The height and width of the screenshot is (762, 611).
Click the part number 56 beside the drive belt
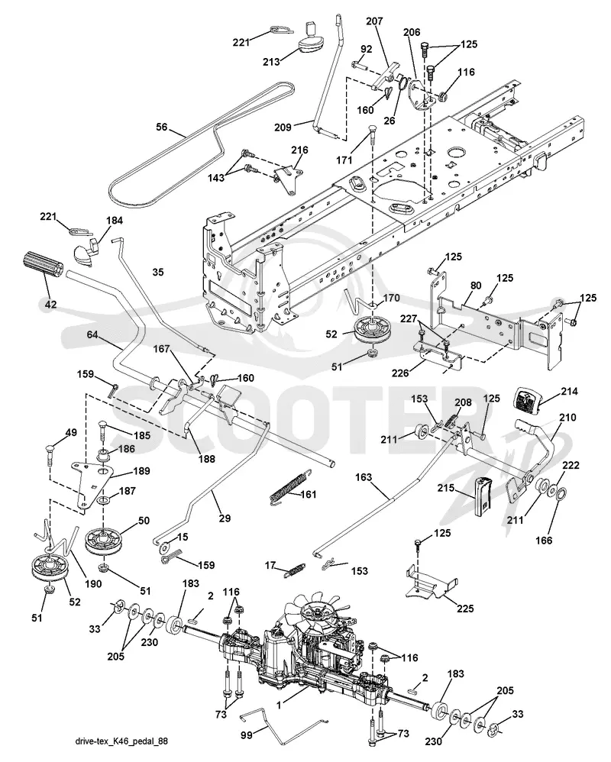(161, 128)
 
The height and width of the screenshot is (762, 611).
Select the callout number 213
(271, 62)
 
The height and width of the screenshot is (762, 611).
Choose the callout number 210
(567, 418)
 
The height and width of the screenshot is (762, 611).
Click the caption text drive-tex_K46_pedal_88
(122, 741)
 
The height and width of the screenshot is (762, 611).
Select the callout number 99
(247, 735)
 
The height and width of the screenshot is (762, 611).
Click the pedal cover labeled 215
(482, 496)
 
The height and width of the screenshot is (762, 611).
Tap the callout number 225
(465, 609)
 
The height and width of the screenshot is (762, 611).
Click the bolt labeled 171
(373, 134)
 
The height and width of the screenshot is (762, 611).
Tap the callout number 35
(158, 272)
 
